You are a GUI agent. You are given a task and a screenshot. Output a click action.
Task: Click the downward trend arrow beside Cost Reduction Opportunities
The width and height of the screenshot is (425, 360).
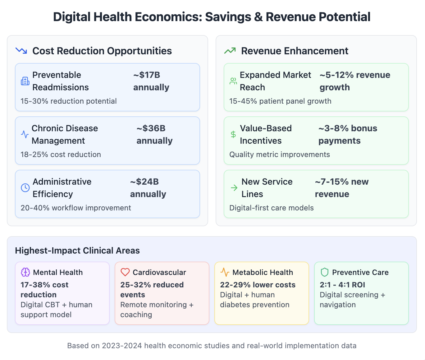[21, 51]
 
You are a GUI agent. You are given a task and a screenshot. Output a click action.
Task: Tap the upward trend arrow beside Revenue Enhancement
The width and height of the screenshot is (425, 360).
[230, 51]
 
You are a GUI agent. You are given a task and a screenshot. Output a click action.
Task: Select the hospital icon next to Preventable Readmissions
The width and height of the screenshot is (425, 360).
[25, 81]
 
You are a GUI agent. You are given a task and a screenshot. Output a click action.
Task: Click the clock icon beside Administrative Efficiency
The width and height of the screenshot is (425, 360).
[25, 188]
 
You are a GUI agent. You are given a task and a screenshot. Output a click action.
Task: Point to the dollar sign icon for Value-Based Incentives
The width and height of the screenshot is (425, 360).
[233, 134]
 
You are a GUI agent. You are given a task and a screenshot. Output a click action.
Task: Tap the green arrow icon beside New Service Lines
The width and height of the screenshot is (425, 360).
[234, 188]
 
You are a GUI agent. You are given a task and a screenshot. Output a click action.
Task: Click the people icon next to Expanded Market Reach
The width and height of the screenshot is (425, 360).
[233, 81]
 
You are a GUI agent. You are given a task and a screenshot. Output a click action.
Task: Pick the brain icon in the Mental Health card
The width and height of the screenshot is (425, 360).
[25, 272]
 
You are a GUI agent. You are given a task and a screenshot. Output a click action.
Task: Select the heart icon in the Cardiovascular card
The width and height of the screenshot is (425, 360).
[125, 272]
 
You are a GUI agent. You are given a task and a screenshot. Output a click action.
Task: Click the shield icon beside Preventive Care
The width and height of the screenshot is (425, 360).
[324, 272]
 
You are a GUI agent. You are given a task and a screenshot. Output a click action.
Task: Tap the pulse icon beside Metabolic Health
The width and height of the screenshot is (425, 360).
[225, 272]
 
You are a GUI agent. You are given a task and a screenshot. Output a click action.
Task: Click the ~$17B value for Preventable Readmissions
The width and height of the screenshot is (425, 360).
[147, 75]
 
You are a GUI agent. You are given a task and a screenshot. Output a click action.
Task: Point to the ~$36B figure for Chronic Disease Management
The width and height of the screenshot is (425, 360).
[151, 128]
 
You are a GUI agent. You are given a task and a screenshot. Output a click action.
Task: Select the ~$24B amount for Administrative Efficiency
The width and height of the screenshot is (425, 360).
[144, 182]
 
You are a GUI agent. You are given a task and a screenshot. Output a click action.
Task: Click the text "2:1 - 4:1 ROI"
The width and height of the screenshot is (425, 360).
[342, 285]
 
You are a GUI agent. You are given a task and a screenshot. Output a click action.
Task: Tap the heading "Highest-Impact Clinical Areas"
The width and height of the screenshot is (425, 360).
[77, 250]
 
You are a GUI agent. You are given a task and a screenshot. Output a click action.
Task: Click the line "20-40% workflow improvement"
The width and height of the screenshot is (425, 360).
[76, 208]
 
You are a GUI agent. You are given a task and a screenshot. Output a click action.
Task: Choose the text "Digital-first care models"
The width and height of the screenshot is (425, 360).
[272, 208]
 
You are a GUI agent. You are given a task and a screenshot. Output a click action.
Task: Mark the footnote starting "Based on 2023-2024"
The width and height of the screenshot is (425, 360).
[212, 346]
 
